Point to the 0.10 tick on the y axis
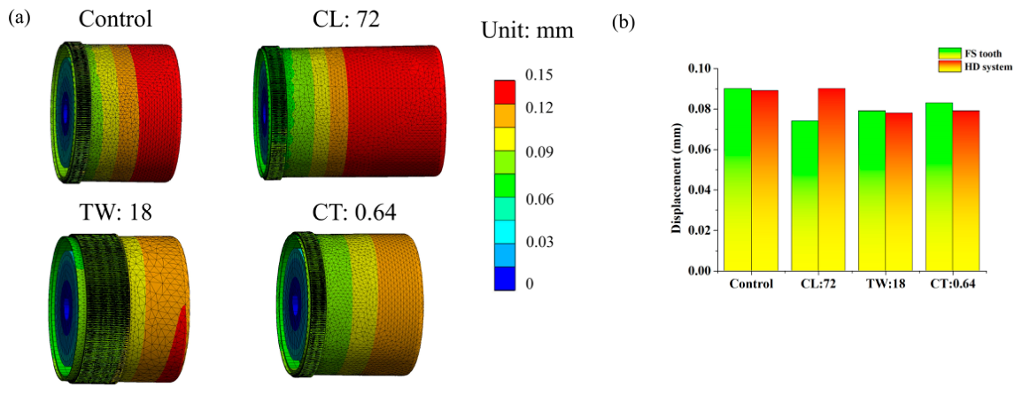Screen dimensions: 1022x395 (713, 68)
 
